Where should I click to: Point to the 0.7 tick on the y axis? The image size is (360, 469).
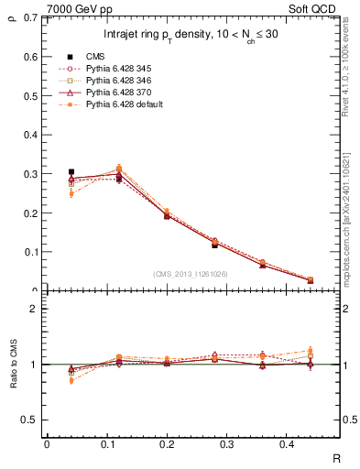33,17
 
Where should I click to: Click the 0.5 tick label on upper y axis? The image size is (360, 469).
33,95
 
